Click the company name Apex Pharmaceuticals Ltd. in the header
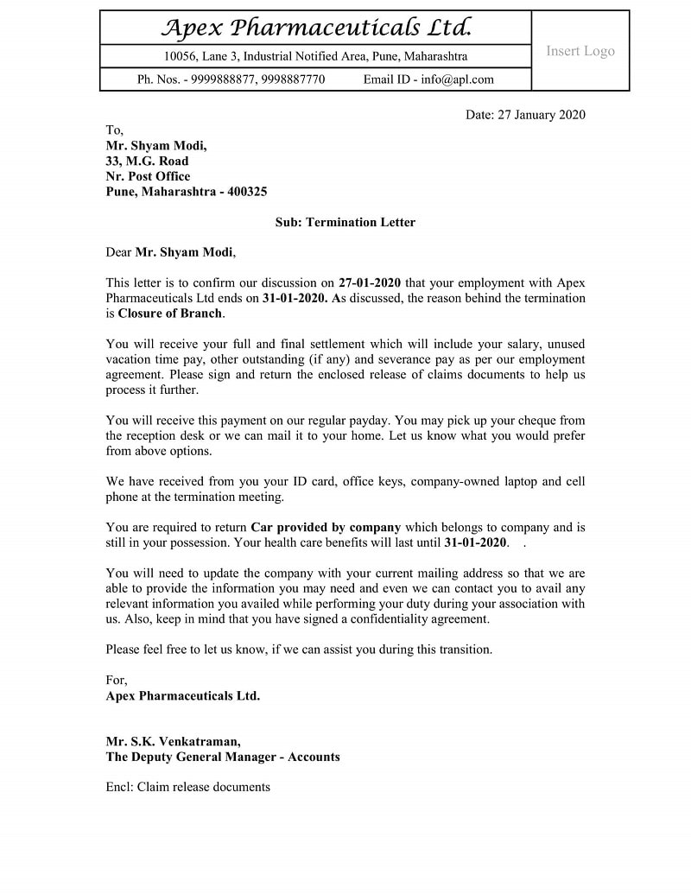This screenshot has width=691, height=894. tap(316, 29)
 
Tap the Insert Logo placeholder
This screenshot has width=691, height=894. tap(580, 51)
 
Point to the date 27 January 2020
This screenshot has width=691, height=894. tap(542, 115)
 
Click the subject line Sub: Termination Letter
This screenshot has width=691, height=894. tap(345, 222)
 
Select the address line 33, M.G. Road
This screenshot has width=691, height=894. tap(147, 161)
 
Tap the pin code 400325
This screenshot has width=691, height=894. tap(247, 192)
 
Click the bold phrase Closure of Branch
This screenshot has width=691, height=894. tap(170, 314)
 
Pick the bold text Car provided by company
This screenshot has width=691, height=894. tap(326, 527)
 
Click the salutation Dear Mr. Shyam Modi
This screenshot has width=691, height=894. tap(170, 252)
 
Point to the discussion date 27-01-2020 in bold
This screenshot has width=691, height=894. tap(370, 282)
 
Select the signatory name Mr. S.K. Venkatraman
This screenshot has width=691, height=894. tap(174, 741)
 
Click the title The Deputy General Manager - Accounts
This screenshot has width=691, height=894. tap(223, 757)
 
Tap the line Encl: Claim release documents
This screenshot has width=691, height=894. tap(187, 787)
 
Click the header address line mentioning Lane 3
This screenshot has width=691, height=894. tap(315, 56)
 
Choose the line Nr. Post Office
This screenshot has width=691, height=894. tap(148, 176)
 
